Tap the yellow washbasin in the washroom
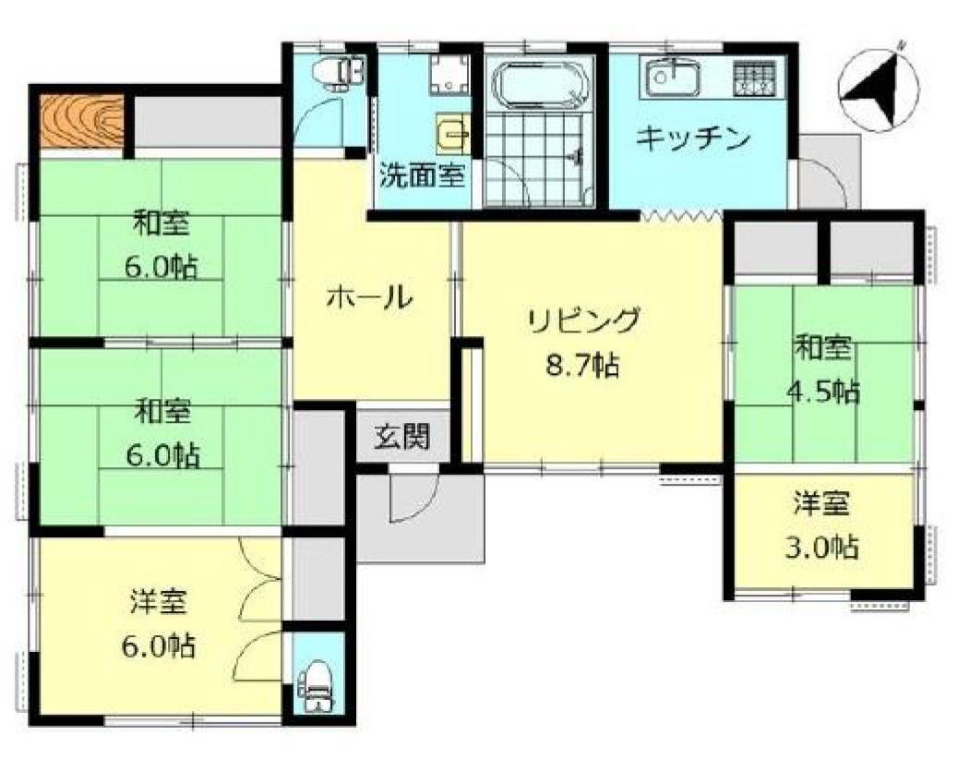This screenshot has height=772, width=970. pos(453,137)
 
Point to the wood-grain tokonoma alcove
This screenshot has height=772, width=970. pos(82,121)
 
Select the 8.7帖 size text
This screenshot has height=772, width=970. pos(581,365)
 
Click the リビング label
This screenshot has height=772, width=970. pos(584,321)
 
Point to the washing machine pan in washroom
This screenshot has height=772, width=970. pos(449,75)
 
